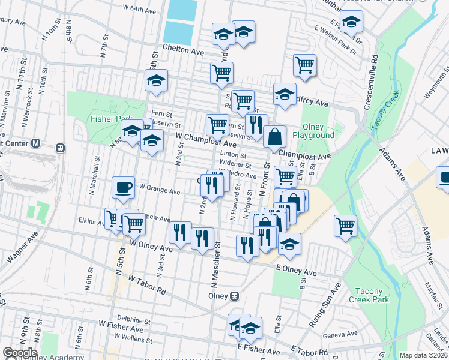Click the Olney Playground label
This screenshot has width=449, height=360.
(313, 131)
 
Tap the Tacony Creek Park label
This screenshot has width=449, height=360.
(369, 295)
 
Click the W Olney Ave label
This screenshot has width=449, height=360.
(151, 246)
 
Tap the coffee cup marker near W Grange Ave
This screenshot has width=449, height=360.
(123, 187)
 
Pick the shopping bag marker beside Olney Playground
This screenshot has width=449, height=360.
(274, 136)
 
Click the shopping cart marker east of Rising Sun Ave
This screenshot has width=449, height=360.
(345, 226)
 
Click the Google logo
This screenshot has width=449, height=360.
(20, 353)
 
